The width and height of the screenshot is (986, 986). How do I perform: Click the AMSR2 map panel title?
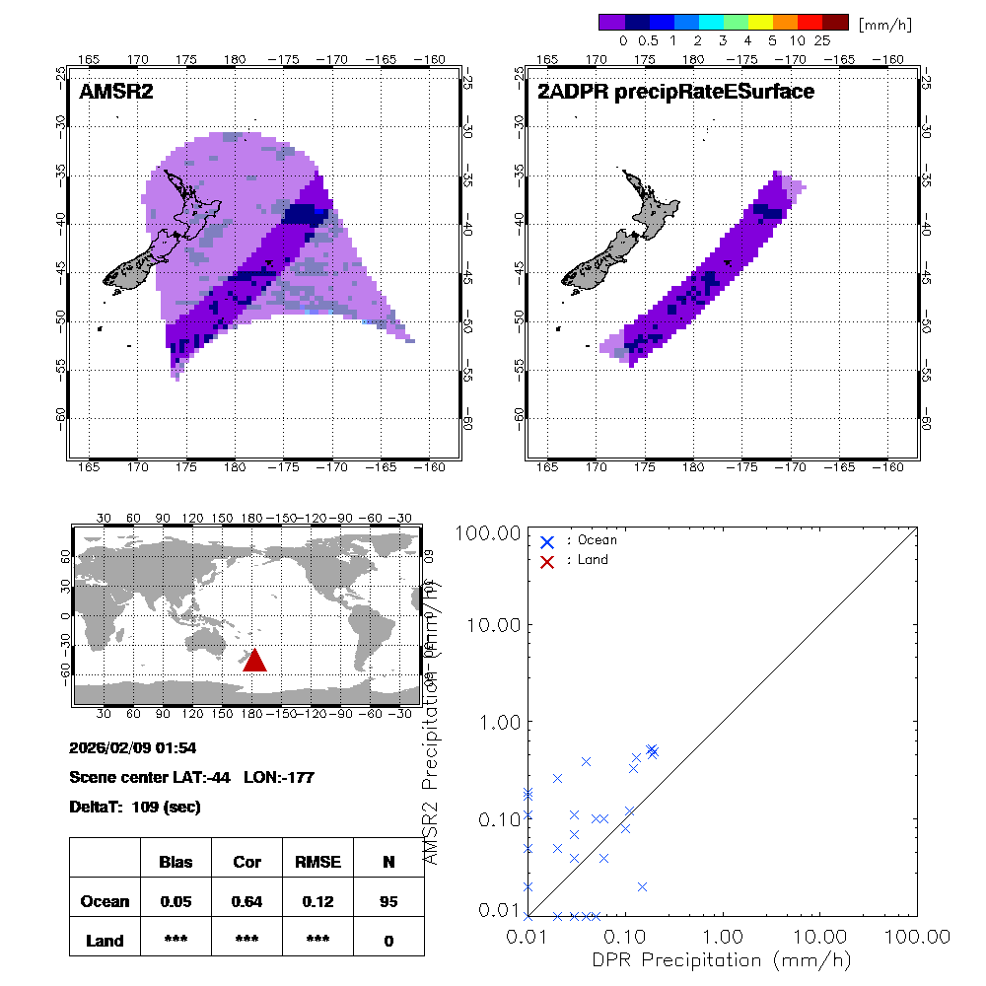pyautogui.click(x=116, y=92)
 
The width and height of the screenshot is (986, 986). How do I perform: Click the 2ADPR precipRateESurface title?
pyautogui.click(x=675, y=92)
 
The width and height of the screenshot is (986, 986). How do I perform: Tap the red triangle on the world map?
pyautogui.click(x=254, y=661)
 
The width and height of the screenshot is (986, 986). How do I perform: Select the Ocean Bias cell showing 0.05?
pyautogui.click(x=176, y=901)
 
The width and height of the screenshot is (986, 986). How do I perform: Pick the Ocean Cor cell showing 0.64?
pyautogui.click(x=246, y=901)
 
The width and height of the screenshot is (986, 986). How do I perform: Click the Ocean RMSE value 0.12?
pyautogui.click(x=317, y=901)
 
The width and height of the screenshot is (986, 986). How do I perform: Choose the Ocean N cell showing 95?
pyautogui.click(x=388, y=901)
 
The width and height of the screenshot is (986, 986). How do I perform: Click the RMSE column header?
pyautogui.click(x=317, y=862)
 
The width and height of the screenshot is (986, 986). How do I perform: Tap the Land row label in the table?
pyautogui.click(x=105, y=941)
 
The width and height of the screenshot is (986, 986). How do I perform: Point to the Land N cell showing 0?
pyautogui.click(x=388, y=941)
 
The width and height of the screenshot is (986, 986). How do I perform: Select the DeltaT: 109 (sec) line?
pyautogui.click(x=135, y=808)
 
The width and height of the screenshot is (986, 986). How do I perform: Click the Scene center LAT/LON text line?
pyautogui.click(x=191, y=777)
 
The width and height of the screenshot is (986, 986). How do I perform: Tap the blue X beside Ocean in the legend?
pyautogui.click(x=547, y=541)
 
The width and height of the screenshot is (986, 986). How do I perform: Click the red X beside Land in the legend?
pyautogui.click(x=547, y=561)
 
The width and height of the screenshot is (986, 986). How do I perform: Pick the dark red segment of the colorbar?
pyautogui.click(x=835, y=22)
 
